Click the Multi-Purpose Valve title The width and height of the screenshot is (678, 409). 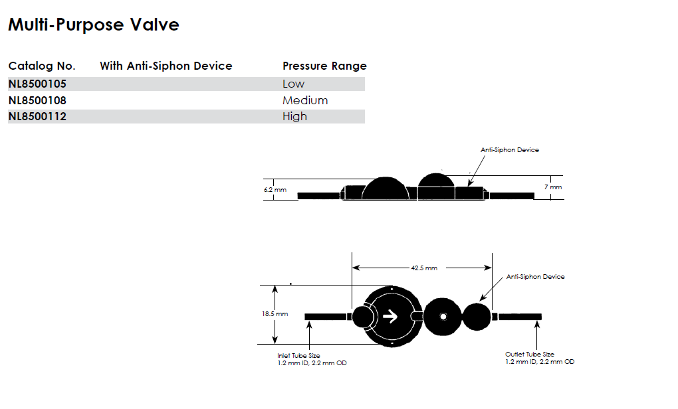coord(94,25)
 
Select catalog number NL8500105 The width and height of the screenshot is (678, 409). coord(37,84)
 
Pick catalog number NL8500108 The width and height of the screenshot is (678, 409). coord(37,100)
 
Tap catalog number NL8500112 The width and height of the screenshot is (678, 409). coord(37,116)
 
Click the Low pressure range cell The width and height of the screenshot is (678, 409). coord(293,84)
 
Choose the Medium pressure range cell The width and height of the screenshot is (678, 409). coord(305,100)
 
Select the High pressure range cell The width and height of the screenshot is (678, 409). coord(294,116)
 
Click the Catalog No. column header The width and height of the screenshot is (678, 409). coord(42,66)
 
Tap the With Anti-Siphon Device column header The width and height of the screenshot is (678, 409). coord(166,66)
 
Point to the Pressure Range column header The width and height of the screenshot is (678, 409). coord(324,66)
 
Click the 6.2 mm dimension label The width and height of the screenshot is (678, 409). coord(275,189)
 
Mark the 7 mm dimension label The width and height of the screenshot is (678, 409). coord(553,187)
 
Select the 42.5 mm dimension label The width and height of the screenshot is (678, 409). coord(423,268)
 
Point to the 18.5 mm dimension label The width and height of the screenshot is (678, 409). coord(275,313)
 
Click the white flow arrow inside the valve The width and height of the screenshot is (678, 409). coord(391,316)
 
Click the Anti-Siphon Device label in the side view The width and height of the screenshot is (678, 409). coord(510,150)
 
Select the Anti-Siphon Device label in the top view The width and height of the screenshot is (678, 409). coord(535,276)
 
